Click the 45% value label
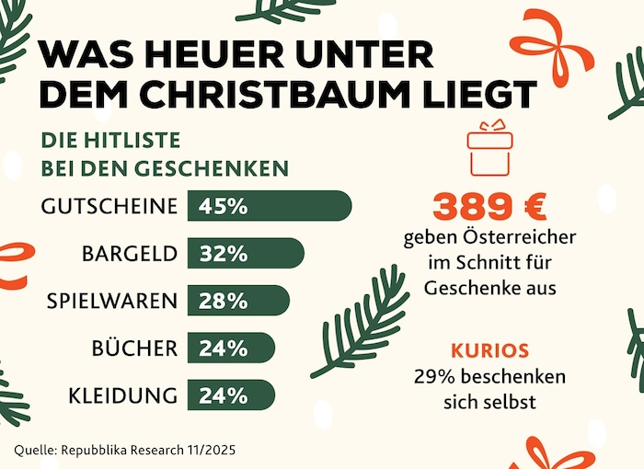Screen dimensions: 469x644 click(x=224, y=206)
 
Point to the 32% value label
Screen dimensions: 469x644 click(x=224, y=254)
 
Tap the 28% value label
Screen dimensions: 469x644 click(x=224, y=301)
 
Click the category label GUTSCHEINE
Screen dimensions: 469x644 click(x=109, y=206)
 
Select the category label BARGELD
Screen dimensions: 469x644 click(x=129, y=254)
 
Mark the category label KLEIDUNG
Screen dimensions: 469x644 click(x=122, y=396)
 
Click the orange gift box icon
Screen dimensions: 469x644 click(x=489, y=148)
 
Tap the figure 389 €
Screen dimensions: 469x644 click(x=489, y=208)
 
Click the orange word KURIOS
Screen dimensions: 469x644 click(x=490, y=352)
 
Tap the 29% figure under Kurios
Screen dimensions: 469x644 click(x=433, y=377)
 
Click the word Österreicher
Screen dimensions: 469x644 click(x=517, y=238)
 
